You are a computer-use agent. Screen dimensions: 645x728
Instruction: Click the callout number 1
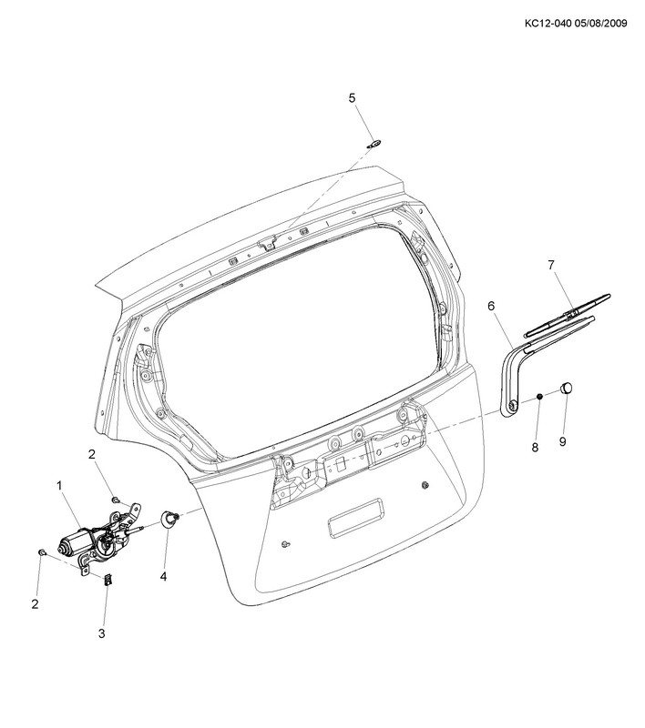point(59,486)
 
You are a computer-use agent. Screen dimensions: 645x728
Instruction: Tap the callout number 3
point(102,632)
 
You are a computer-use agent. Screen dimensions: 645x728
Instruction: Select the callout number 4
point(163,577)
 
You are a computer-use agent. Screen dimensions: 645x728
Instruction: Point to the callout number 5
point(352,98)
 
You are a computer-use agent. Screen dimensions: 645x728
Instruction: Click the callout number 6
point(491,306)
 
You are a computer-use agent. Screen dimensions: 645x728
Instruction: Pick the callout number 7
point(551,265)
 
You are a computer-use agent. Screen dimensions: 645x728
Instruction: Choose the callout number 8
point(535,447)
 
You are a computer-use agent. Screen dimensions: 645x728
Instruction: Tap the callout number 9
point(563,441)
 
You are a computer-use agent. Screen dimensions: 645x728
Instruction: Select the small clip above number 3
point(107,580)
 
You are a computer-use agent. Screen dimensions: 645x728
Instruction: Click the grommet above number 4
point(169,519)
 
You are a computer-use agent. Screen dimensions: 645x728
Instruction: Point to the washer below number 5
point(374,144)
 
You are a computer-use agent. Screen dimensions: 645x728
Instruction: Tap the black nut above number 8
point(540,396)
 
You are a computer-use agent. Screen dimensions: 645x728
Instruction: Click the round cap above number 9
point(566,387)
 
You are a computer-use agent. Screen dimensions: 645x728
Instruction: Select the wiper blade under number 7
point(567,315)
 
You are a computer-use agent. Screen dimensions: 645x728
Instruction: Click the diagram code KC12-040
point(548,24)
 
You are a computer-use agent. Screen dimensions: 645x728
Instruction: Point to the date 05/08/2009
point(601,24)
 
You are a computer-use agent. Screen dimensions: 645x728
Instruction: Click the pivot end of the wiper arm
point(512,406)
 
